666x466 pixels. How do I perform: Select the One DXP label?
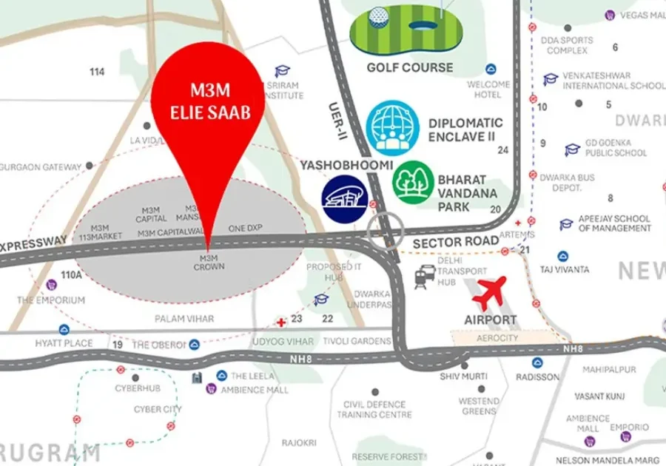click(246, 228)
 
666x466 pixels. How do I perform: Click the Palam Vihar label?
click(184, 319)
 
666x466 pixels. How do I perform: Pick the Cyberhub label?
click(133, 388)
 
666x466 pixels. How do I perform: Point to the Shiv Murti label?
click(464, 376)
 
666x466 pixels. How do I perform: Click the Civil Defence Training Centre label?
click(374, 410)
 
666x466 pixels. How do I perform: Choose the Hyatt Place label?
click(64, 343)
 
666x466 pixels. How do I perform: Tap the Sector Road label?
click(445, 242)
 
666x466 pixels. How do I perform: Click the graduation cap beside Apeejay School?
click(566, 223)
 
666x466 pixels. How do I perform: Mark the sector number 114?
click(97, 72)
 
